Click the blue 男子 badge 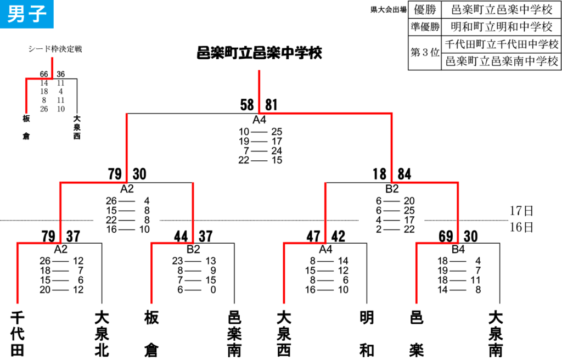click(26, 14)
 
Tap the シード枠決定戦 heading click(55, 49)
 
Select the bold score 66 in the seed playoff click(44, 74)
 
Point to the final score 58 click(247, 105)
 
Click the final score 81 click(271, 105)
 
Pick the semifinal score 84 click(404, 174)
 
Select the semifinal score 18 click(380, 174)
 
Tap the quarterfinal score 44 click(181, 237)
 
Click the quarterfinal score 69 click(446, 237)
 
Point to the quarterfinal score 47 click(313, 237)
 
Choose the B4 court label click(458, 249)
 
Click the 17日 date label click(521, 211)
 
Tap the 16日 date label click(521, 227)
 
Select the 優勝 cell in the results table click(425, 10)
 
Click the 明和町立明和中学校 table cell click(502, 26)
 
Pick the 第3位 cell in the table click(425, 52)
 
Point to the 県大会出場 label click(388, 10)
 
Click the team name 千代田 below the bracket click(17, 334)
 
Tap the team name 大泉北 click(102, 334)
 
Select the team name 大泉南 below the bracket click(496, 334)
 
